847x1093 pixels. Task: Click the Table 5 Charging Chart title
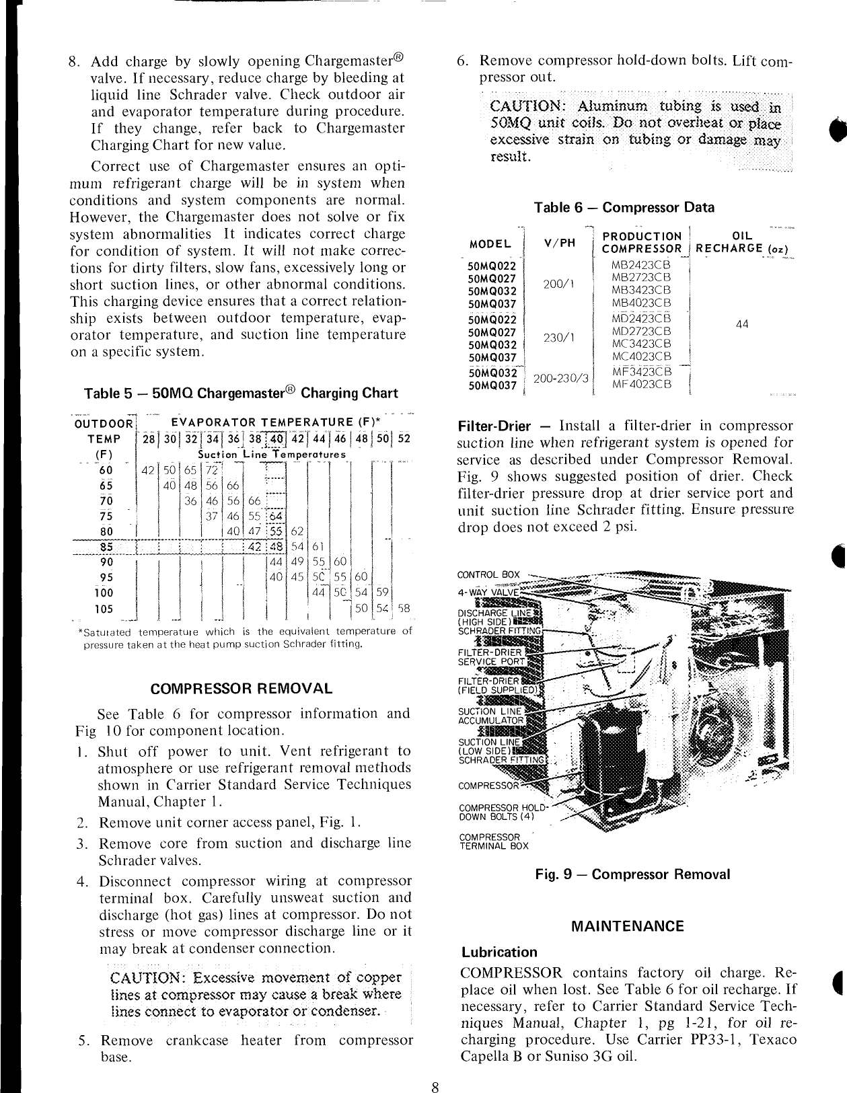click(241, 393)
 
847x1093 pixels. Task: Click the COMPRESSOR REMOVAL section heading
click(242, 688)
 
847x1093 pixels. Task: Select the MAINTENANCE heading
click(627, 926)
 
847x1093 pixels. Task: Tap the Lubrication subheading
click(499, 952)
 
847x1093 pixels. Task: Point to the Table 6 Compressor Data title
click(624, 207)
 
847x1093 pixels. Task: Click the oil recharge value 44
click(742, 324)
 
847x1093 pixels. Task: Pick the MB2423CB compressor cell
click(642, 264)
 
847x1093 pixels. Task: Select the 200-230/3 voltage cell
click(560, 379)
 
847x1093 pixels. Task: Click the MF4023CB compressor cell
click(642, 385)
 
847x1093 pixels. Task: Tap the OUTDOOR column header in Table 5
click(104, 423)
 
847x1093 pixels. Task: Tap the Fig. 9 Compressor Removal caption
click(632, 874)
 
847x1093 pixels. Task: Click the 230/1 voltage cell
click(558, 338)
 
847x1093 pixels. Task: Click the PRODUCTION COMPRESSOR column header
click(642, 242)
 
